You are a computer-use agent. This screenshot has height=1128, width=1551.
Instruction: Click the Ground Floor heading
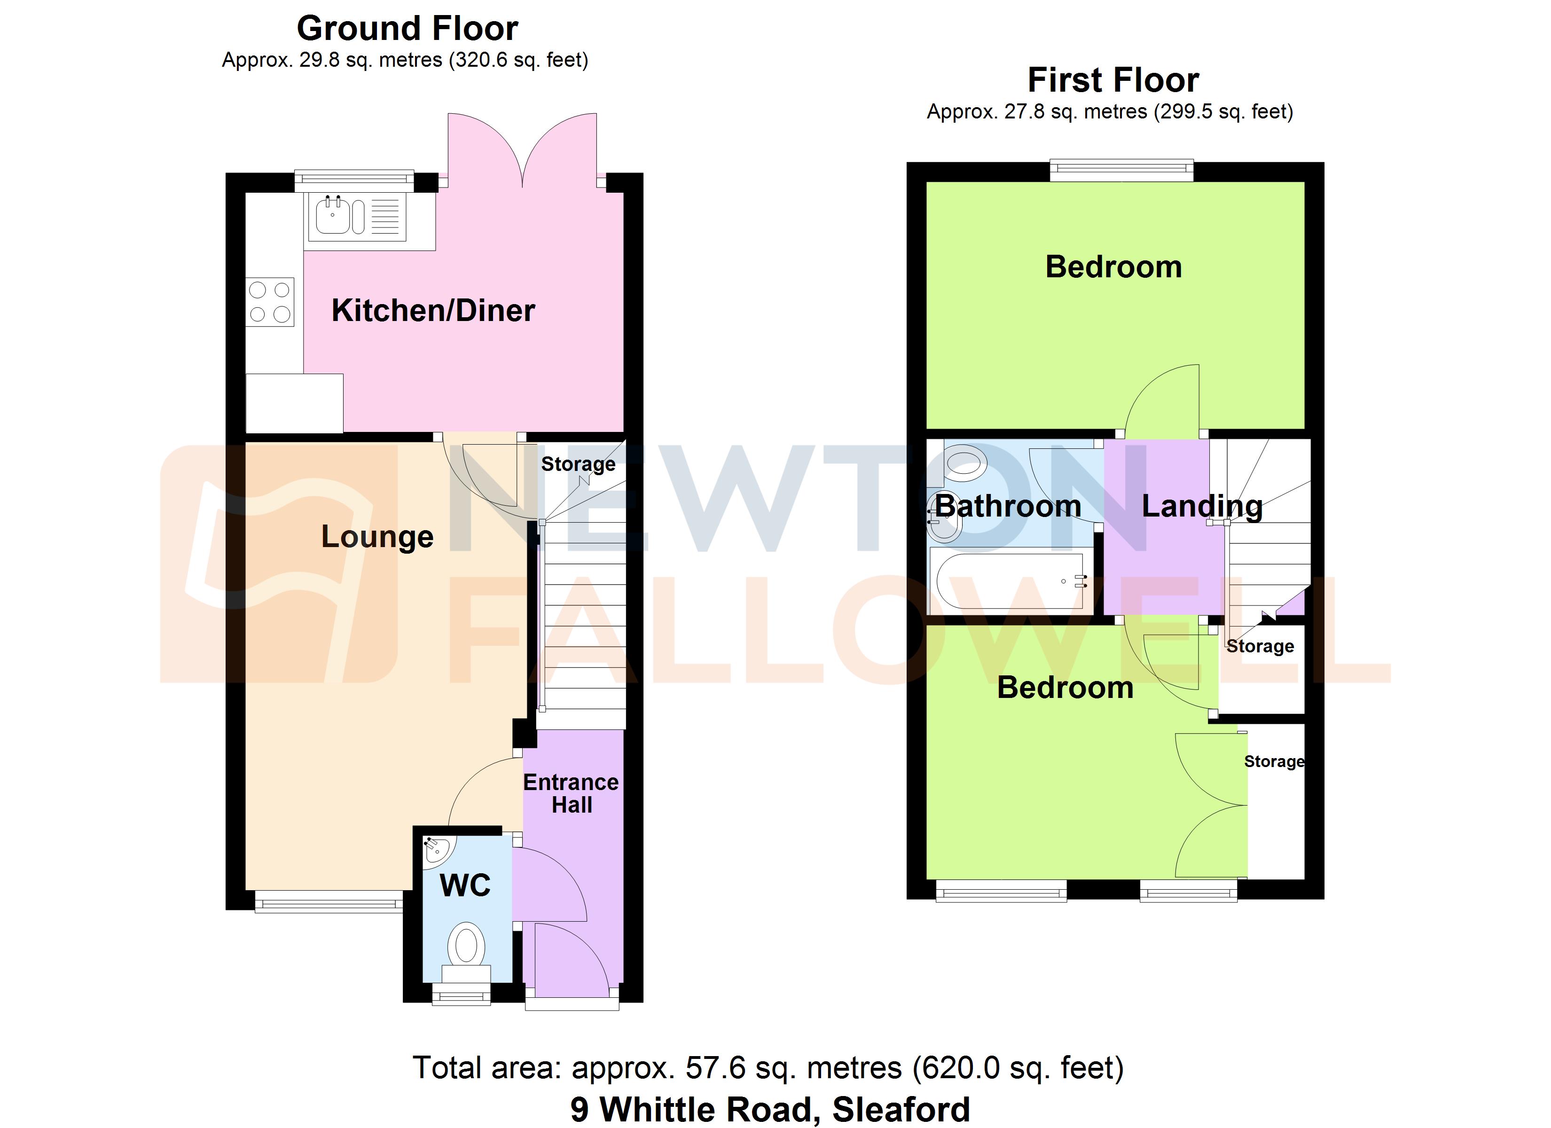coord(407,29)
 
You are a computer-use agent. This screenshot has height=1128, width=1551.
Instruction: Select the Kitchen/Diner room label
coord(433,311)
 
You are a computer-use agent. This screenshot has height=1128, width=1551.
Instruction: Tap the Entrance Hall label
coord(571,793)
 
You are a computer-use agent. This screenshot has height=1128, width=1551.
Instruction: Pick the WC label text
coord(465,885)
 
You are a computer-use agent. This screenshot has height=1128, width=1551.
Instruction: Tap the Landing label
coord(1201,506)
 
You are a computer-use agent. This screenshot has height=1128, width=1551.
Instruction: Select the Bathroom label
coord(1008,506)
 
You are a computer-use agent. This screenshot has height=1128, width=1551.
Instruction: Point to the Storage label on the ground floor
coord(578,464)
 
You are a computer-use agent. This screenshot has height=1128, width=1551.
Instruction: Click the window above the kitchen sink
coord(354,179)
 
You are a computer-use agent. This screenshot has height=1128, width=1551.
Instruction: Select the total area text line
coord(768,1068)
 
